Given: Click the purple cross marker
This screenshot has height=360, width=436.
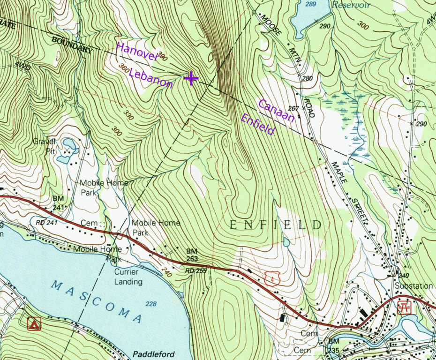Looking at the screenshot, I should (191, 78).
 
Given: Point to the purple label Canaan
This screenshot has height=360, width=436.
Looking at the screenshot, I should (276, 111).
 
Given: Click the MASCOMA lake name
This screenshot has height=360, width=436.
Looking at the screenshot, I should (97, 300).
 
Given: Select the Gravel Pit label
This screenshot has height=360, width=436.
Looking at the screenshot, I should (44, 145).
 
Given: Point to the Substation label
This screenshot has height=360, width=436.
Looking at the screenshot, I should (413, 286).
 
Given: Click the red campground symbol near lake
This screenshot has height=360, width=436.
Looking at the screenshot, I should (33, 324).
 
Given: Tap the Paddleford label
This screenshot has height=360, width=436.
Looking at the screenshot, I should (153, 354).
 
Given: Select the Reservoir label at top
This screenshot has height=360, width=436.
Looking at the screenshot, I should (351, 5).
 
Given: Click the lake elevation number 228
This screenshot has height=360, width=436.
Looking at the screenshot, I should (150, 304).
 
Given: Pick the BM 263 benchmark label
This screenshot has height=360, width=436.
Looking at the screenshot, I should (192, 255).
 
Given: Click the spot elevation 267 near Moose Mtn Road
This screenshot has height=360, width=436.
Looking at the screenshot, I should (293, 108).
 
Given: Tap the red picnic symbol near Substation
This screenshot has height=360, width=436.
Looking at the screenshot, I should (404, 307).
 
